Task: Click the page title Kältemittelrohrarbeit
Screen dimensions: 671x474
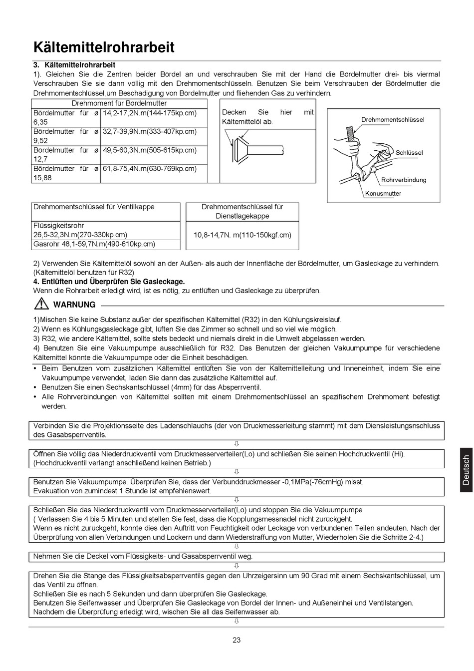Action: pyautogui.click(x=104, y=47)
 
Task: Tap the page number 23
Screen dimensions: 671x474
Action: pyautogui.click(x=237, y=640)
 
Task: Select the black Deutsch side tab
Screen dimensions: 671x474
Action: pyautogui.click(x=466, y=470)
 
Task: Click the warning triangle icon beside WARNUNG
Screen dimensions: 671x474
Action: pyautogui.click(x=41, y=304)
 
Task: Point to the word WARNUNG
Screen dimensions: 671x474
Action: pyautogui.click(x=74, y=305)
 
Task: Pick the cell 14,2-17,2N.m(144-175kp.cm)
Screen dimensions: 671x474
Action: pyautogui.click(x=150, y=113)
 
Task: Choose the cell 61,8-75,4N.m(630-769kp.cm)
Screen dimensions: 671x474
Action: pyautogui.click(x=150, y=168)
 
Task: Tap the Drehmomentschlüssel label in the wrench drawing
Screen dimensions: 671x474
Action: pyautogui.click(x=393, y=120)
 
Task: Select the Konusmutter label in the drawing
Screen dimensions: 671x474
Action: pyautogui.click(x=383, y=194)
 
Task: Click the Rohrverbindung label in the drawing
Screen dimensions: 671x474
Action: pyautogui.click(x=404, y=180)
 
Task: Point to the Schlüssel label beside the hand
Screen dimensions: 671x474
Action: pyautogui.click(x=409, y=153)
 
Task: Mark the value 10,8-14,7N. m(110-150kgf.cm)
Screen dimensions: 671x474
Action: pyautogui.click(x=242, y=235)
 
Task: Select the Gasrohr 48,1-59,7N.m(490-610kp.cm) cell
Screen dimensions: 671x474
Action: pyautogui.click(x=94, y=244)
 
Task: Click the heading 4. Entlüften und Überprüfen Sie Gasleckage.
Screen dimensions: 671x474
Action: pyautogui.click(x=109, y=282)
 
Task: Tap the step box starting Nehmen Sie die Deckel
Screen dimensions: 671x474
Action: pyautogui.click(x=237, y=556)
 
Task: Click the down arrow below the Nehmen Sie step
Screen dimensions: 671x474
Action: pyautogui.click(x=237, y=566)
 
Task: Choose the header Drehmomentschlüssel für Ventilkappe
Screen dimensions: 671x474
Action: pyautogui.click(x=94, y=207)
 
